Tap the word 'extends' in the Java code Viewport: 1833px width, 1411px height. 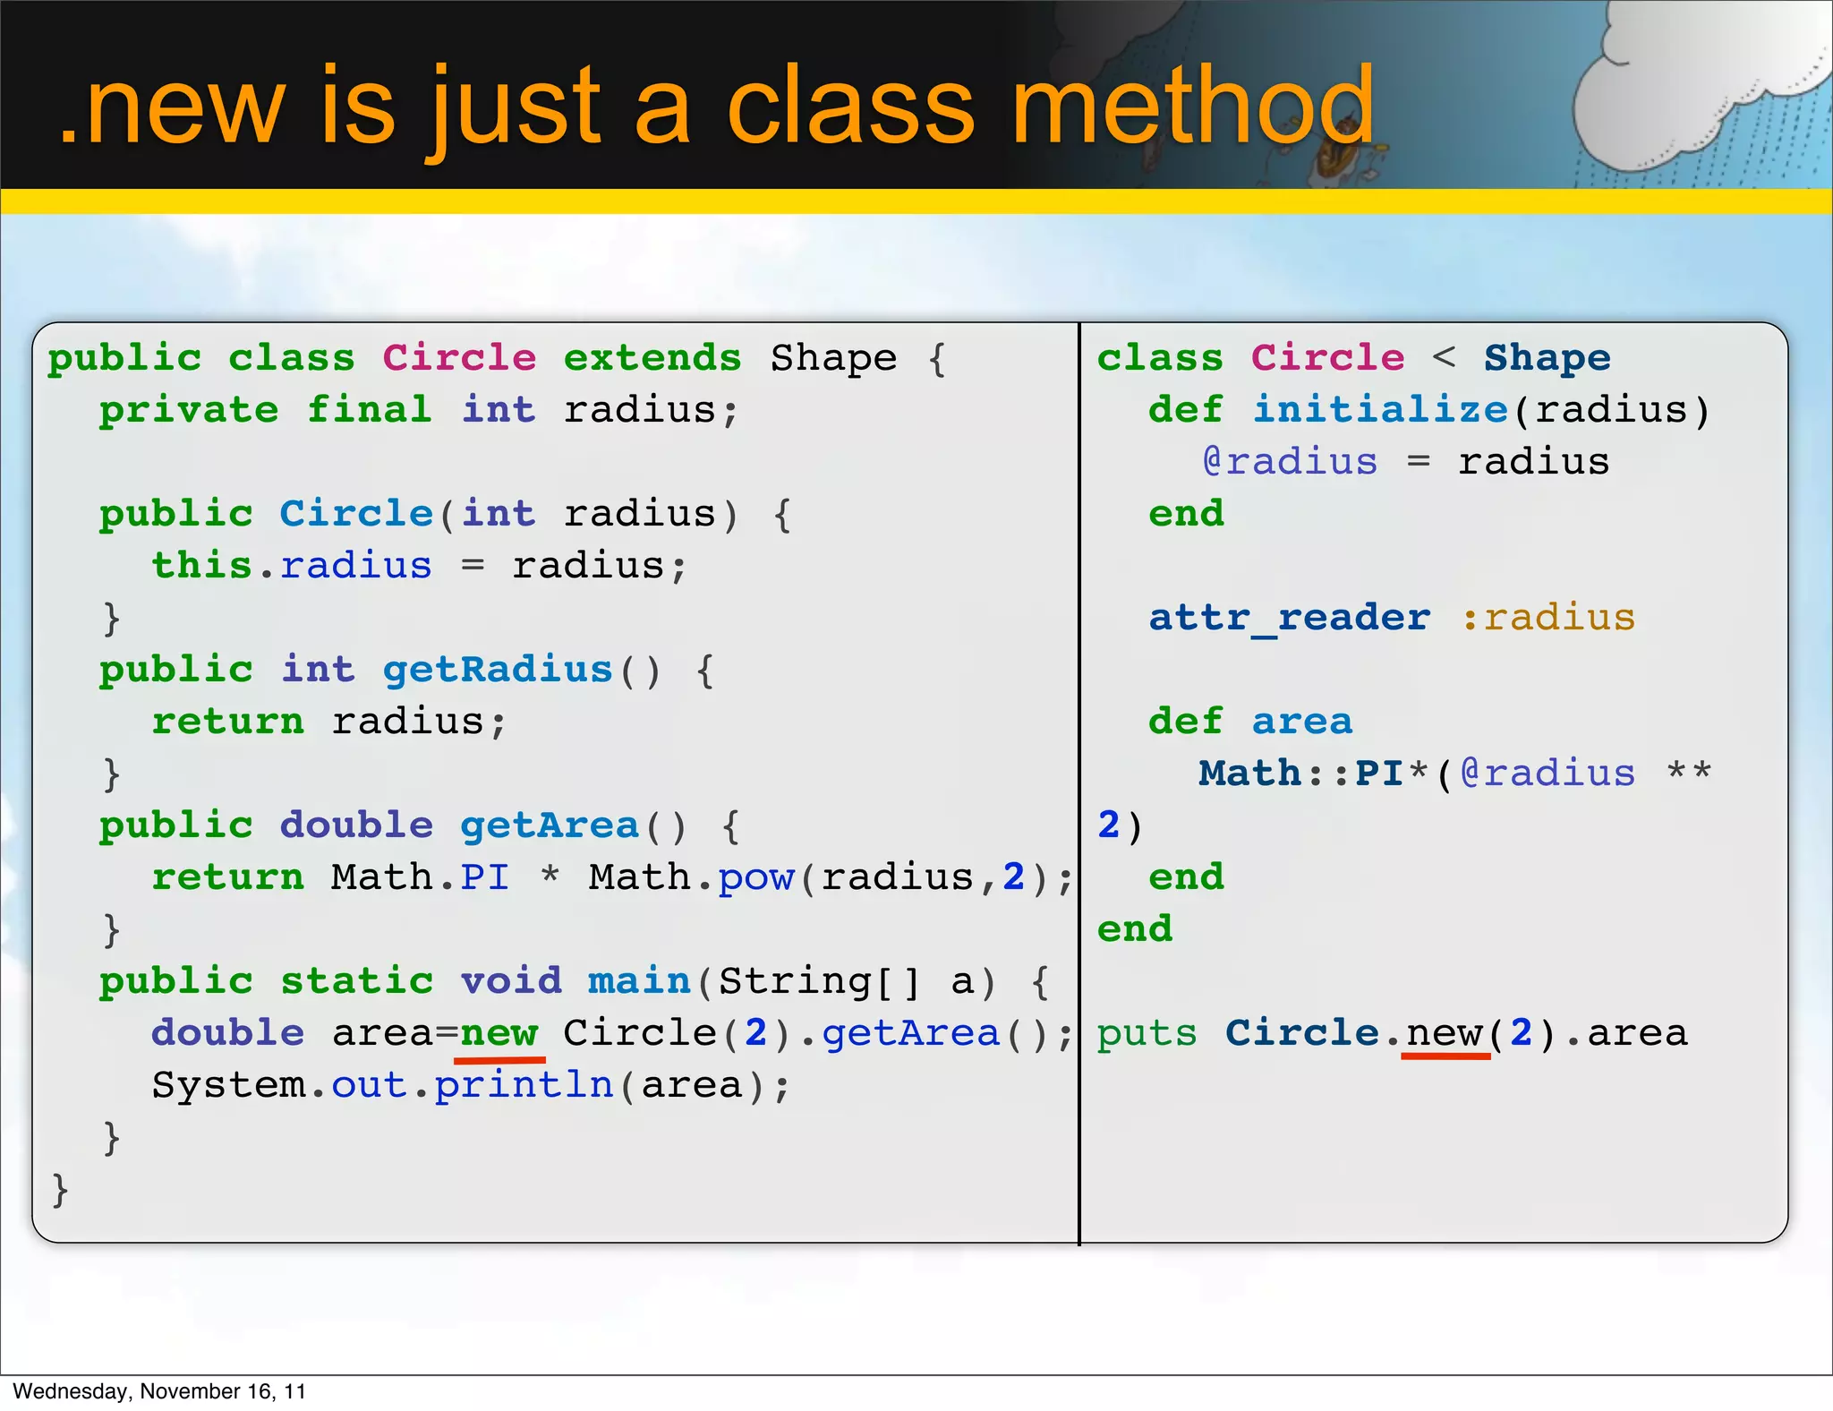coord(652,358)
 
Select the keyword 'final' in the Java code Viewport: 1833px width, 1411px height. coord(370,410)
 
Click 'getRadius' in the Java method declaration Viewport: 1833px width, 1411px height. coord(498,670)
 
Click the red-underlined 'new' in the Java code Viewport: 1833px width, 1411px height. coord(499,1033)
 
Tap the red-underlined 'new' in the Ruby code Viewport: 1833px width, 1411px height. coord(1445,1033)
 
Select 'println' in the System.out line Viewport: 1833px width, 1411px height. coord(524,1085)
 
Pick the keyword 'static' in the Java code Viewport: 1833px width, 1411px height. coord(357,981)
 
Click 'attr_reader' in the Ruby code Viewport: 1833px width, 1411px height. coord(1290,618)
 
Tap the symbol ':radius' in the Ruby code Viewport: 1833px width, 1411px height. coord(1547,618)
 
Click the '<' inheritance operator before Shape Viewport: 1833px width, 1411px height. coord(1444,358)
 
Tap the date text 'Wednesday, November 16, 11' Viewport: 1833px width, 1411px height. coord(159,1391)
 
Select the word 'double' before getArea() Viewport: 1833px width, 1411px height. coord(357,825)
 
